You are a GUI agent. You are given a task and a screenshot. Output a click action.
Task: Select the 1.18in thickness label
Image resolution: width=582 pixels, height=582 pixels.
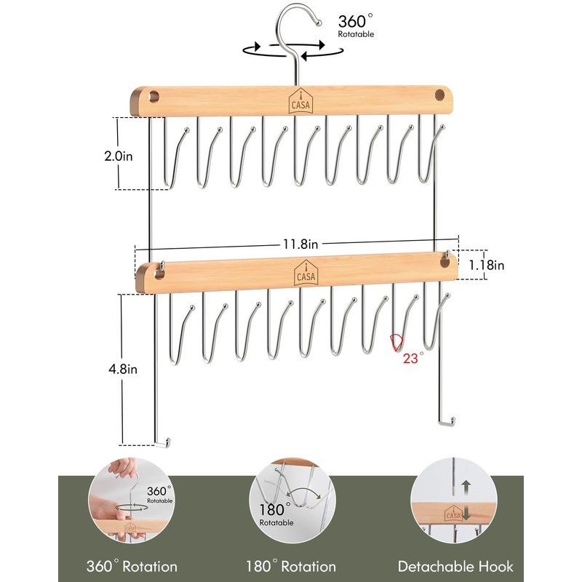pos(486,266)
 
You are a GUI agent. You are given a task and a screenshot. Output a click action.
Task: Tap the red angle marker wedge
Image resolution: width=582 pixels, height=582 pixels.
pos(396,342)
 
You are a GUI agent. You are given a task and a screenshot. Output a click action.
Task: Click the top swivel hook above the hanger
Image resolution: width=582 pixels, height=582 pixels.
pos(295,22)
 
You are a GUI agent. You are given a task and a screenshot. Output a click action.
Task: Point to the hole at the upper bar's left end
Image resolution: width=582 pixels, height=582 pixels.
pos(155,96)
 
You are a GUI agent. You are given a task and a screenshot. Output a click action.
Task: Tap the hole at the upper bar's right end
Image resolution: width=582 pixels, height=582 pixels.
pos(439,96)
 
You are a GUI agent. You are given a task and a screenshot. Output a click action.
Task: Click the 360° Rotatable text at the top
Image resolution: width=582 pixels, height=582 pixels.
pos(356,24)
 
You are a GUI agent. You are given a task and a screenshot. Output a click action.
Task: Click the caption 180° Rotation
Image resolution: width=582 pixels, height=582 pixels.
pos(290,566)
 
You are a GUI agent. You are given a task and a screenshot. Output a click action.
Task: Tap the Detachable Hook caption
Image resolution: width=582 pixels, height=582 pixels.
pos(455,566)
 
